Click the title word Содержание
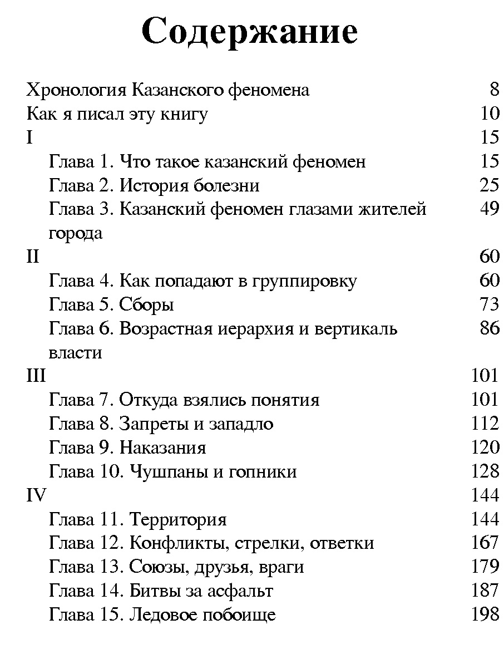[250, 31]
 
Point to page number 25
[489, 185]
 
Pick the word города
[76, 234]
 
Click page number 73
[489, 305]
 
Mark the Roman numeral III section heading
[36, 376]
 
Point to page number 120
[485, 448]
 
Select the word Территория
[178, 520]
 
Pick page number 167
[485, 543]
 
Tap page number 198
[485, 614]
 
